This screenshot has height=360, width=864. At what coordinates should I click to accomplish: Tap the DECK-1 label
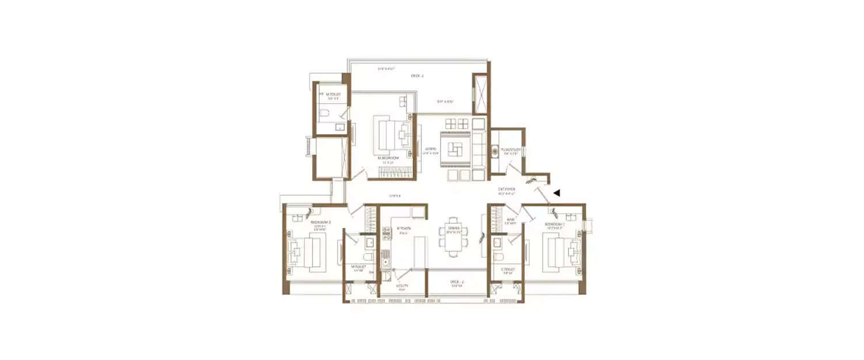tap(417, 76)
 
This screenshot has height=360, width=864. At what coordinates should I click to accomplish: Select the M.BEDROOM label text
tap(389, 157)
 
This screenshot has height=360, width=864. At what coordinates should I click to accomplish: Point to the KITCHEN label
tap(404, 229)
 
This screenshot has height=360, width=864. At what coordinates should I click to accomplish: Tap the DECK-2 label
tap(457, 282)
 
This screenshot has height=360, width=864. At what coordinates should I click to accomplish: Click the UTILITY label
tap(403, 286)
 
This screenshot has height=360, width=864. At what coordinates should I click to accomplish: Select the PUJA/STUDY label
tap(512, 150)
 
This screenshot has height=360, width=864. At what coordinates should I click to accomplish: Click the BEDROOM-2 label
tap(320, 222)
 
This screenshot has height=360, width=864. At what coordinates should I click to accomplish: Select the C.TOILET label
tap(507, 269)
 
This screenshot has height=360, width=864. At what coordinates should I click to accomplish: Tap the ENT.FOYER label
tap(507, 189)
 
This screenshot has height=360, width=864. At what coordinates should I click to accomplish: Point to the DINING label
tap(453, 229)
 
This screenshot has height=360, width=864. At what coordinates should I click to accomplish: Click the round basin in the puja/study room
tap(495, 152)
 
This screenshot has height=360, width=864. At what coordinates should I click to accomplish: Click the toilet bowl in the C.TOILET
tap(499, 257)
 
